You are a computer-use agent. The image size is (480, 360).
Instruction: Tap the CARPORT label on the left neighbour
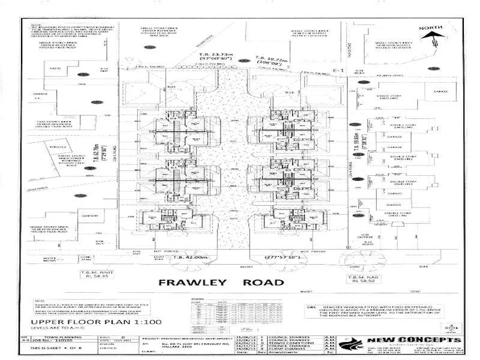click(x=91, y=212)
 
